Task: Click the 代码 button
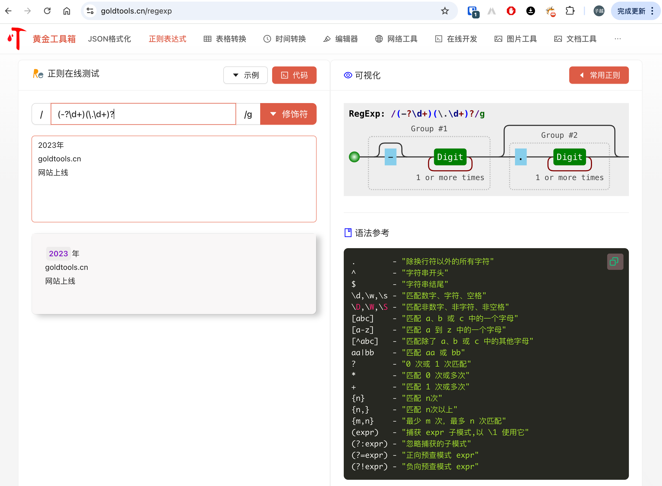pos(294,75)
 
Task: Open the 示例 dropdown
pos(245,75)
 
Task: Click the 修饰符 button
pos(288,114)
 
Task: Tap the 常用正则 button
pos(599,75)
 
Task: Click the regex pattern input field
pos(143,114)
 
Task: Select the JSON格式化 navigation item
pos(109,39)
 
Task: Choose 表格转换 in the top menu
pos(225,39)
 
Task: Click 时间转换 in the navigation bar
pos(285,39)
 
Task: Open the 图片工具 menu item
pos(515,39)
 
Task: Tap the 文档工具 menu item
pos(575,39)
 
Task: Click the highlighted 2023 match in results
pos(58,254)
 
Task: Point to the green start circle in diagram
pos(354,157)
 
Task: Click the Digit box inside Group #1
pos(450,157)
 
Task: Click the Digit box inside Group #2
pos(569,157)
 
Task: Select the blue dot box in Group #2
pos(521,157)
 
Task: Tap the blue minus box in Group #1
pos(390,157)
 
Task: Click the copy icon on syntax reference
pos(615,261)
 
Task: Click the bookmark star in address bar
pos(445,11)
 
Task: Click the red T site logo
pos(17,39)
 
